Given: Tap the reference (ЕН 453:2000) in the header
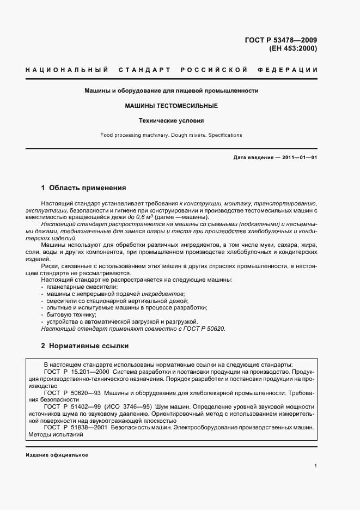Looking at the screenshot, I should [293, 48].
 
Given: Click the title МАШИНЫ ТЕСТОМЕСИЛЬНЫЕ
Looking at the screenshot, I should [171, 106].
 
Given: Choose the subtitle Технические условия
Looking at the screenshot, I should [171, 120].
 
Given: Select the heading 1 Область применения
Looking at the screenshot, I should [83, 188].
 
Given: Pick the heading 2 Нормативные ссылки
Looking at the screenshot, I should [84, 345].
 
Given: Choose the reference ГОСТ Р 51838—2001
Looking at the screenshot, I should [76, 428].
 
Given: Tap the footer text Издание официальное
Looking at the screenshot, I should [57, 455].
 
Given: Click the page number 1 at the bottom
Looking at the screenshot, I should [316, 466].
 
